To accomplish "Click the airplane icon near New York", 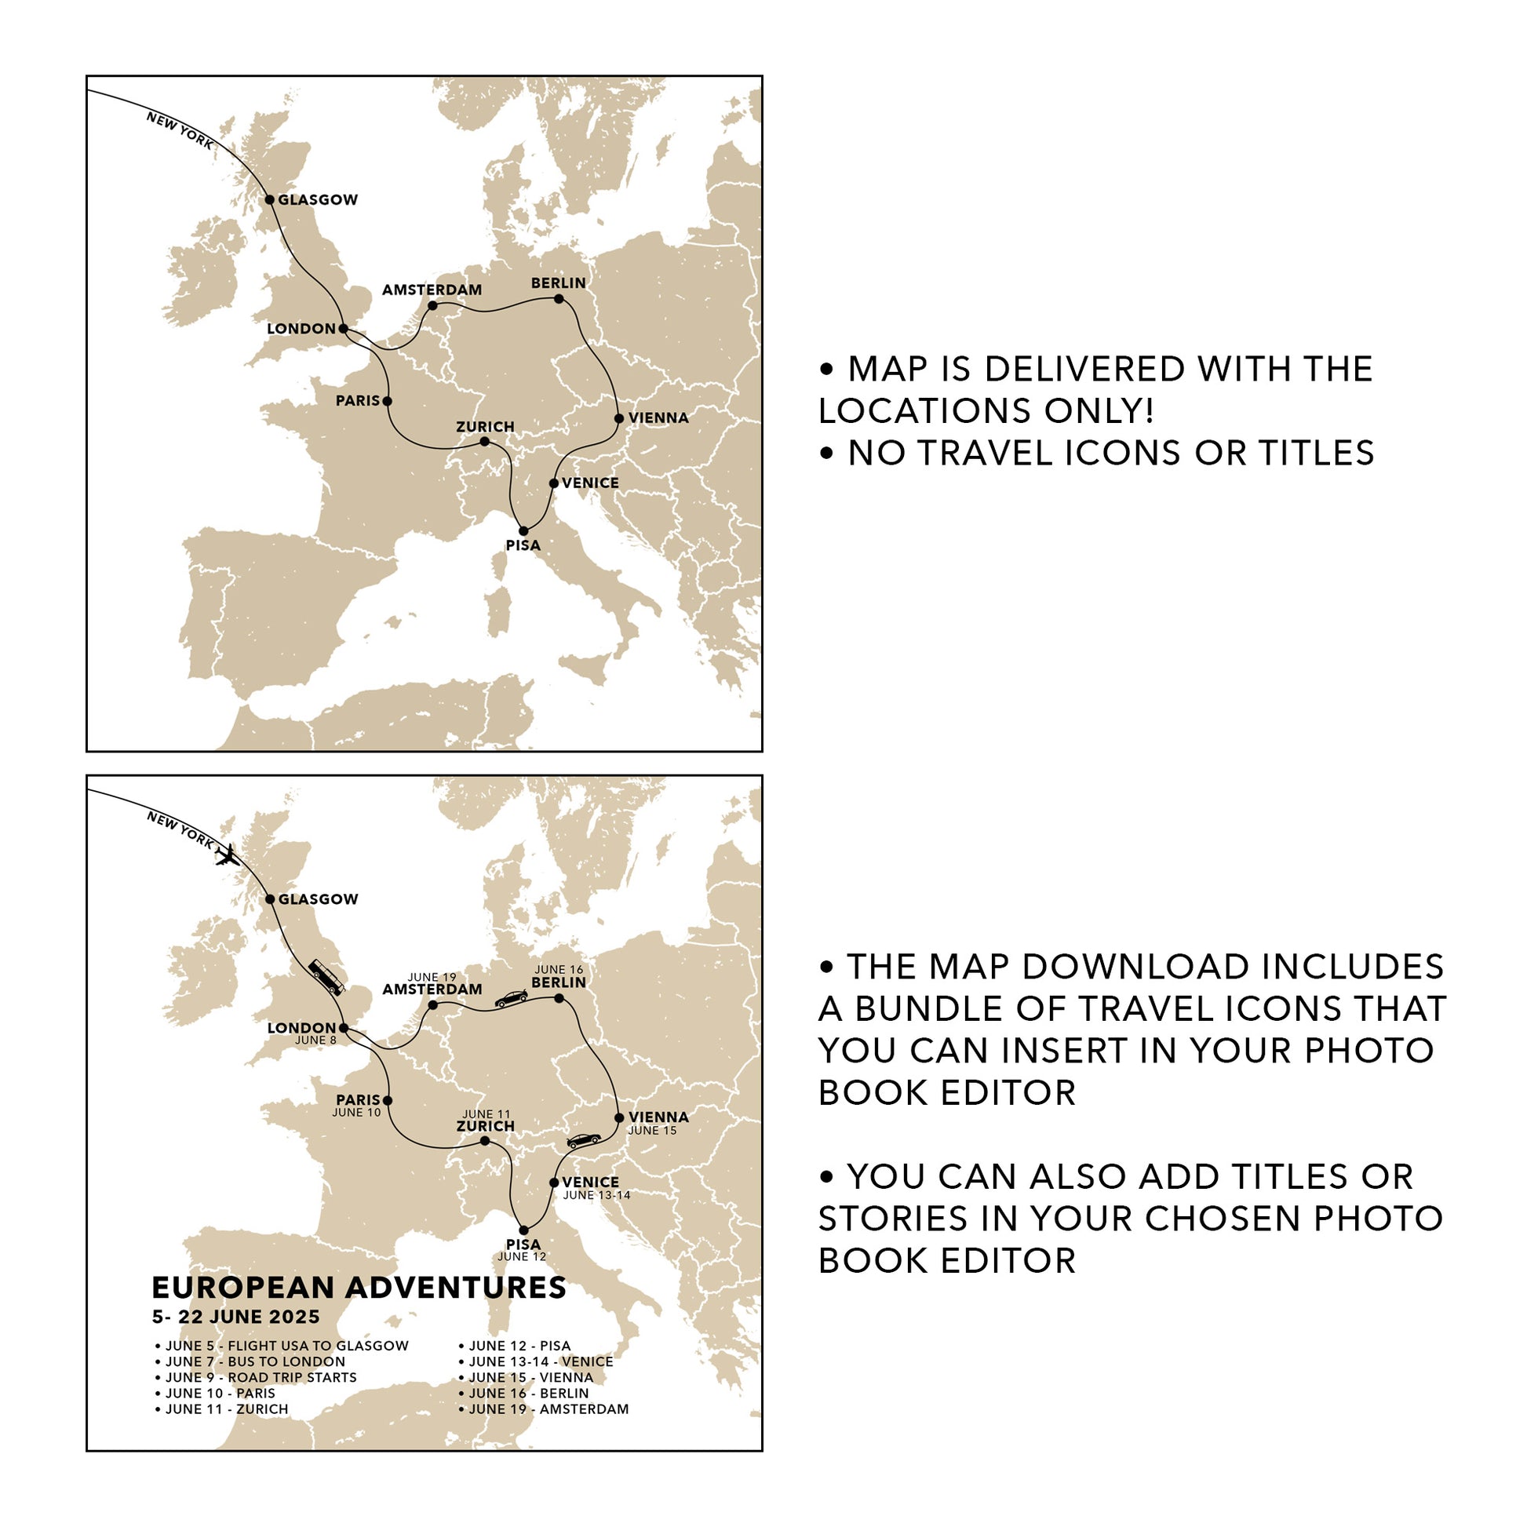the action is coord(228,855).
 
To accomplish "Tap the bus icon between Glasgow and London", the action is coord(326,978).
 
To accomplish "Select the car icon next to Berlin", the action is coord(512,998).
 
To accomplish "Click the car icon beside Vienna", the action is coord(584,1140).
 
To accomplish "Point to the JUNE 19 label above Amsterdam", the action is coord(432,978).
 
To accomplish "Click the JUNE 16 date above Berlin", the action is coord(559,970).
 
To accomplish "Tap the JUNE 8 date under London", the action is coord(315,1040).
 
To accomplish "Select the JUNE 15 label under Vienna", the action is coord(652,1130).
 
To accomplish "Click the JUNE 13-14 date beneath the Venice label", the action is coord(596,1195).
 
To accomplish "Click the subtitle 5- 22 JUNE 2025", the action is coord(235,1317).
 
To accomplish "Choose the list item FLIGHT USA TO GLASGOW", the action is coord(319,1346).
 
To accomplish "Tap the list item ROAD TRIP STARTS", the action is coord(293,1378).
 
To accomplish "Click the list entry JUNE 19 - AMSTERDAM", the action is coord(548,1409).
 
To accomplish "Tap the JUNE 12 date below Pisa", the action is coord(522,1257).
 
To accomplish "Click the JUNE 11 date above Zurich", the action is coord(486,1114).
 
